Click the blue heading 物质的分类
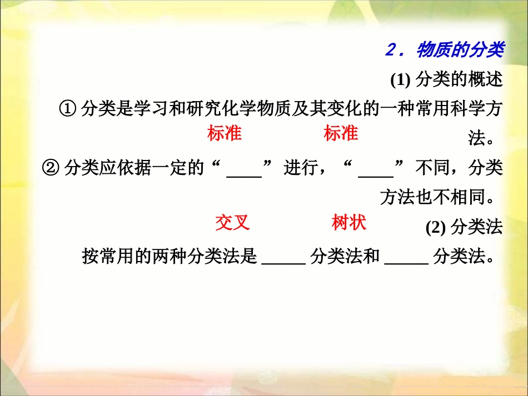(459, 51)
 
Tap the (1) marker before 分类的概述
(400, 81)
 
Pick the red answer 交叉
(232, 222)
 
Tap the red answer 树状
(348, 222)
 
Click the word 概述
(485, 81)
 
